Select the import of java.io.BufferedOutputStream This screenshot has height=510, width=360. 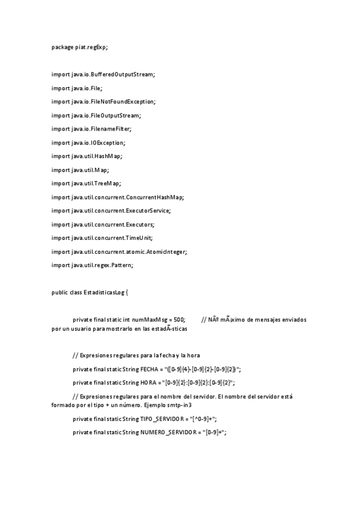[x=103, y=74]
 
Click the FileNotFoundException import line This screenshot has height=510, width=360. [x=103, y=102]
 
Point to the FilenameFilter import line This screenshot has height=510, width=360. [x=91, y=129]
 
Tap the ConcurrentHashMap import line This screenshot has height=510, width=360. [x=118, y=197]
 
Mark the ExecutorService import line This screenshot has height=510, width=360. [x=111, y=210]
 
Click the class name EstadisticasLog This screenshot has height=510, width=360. [x=103, y=292]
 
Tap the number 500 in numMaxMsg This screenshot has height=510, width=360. [x=178, y=320]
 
